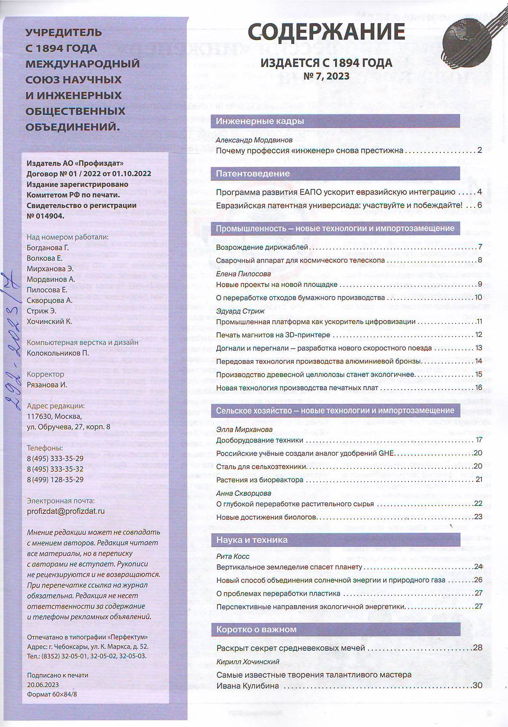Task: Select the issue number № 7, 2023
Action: (x=326, y=76)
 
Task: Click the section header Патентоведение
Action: (x=253, y=174)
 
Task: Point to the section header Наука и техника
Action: (x=252, y=540)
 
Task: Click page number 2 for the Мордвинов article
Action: (x=479, y=150)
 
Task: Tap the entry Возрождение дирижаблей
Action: (x=262, y=247)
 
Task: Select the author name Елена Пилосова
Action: (x=243, y=274)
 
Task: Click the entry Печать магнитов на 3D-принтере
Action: (x=273, y=335)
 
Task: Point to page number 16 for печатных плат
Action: (x=478, y=388)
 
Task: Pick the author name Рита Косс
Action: (x=233, y=556)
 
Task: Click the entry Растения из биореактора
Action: (x=260, y=480)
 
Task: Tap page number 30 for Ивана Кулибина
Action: (x=477, y=685)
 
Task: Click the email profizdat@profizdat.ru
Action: (x=65, y=511)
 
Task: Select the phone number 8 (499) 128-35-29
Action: (x=55, y=480)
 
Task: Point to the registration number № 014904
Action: (x=46, y=216)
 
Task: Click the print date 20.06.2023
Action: (x=43, y=684)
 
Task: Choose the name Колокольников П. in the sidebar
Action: (x=58, y=353)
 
